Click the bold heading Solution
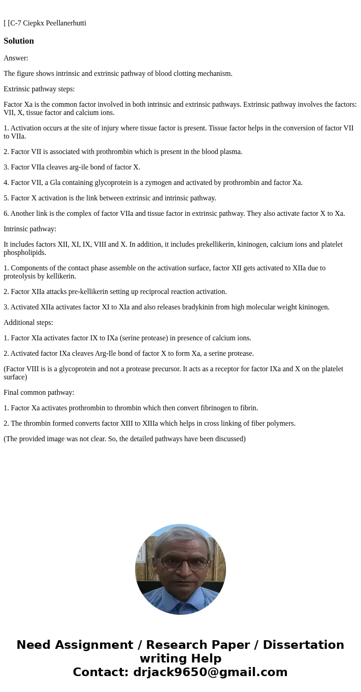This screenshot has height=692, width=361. click(19, 41)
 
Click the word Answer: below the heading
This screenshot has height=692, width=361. click(16, 58)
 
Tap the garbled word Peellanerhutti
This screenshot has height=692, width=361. click(66, 23)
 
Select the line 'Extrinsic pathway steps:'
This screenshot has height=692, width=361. click(39, 89)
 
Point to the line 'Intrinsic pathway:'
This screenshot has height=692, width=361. click(30, 229)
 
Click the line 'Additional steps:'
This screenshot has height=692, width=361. click(28, 323)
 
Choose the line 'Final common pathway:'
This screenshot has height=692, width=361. click(39, 393)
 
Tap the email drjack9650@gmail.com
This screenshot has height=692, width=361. click(210, 672)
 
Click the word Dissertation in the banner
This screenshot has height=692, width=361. click(303, 645)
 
